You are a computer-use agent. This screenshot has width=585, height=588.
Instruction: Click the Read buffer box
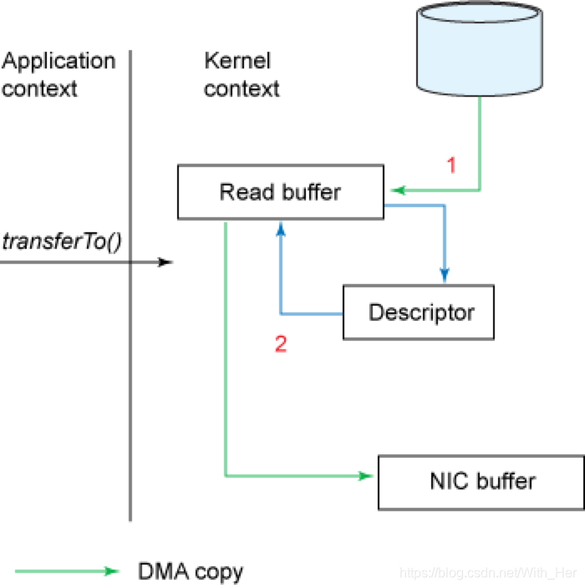pos(280,192)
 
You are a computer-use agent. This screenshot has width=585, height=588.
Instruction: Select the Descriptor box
pos(418,312)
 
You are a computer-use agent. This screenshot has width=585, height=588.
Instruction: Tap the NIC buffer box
pos(481,481)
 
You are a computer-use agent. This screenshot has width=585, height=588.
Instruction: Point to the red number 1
pos(451,165)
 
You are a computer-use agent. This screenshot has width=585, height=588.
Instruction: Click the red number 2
pos(281,344)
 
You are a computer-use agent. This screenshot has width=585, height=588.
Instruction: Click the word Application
pos(58,61)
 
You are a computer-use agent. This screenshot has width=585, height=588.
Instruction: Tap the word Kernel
pos(236,61)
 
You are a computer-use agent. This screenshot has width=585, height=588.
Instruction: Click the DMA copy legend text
pos(191,572)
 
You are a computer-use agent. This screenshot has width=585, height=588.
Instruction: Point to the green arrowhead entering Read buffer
pos(399,191)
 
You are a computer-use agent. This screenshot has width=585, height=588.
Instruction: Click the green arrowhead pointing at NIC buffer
pos(366,476)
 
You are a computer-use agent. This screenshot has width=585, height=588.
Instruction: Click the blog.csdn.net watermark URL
pos(490,573)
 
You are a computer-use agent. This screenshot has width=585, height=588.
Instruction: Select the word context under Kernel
pos(242,89)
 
